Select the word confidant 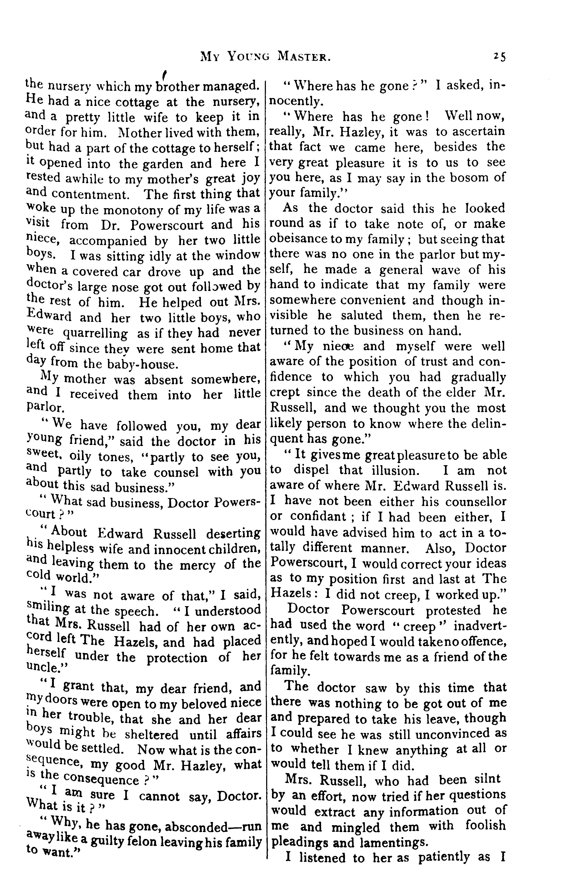point(322,517)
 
